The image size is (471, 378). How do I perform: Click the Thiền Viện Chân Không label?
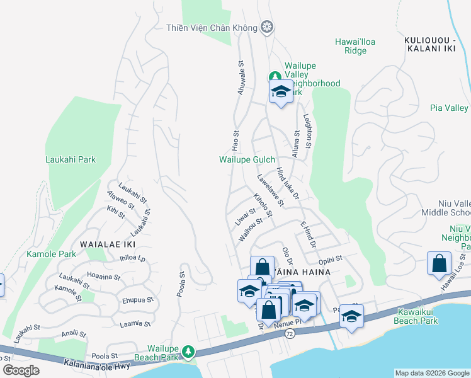[x=212, y=28]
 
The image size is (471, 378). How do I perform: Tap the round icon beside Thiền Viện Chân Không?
[x=268, y=27]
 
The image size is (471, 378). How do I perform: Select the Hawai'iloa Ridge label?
[x=355, y=46]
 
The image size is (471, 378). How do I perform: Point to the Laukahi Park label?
[x=71, y=159]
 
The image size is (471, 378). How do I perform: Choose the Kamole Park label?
[x=51, y=254]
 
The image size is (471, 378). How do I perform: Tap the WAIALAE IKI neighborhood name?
[x=108, y=243]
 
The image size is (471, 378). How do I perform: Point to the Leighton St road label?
[x=307, y=132]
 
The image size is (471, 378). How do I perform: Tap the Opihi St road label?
[x=330, y=258]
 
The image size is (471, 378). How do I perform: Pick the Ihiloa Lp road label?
[x=132, y=258]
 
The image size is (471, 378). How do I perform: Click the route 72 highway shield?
[x=289, y=331]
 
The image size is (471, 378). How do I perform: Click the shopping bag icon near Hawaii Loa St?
[x=440, y=264]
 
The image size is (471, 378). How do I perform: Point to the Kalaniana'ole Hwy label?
[x=100, y=364]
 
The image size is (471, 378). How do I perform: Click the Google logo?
[x=21, y=370]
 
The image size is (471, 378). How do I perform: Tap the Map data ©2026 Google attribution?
[x=431, y=373]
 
